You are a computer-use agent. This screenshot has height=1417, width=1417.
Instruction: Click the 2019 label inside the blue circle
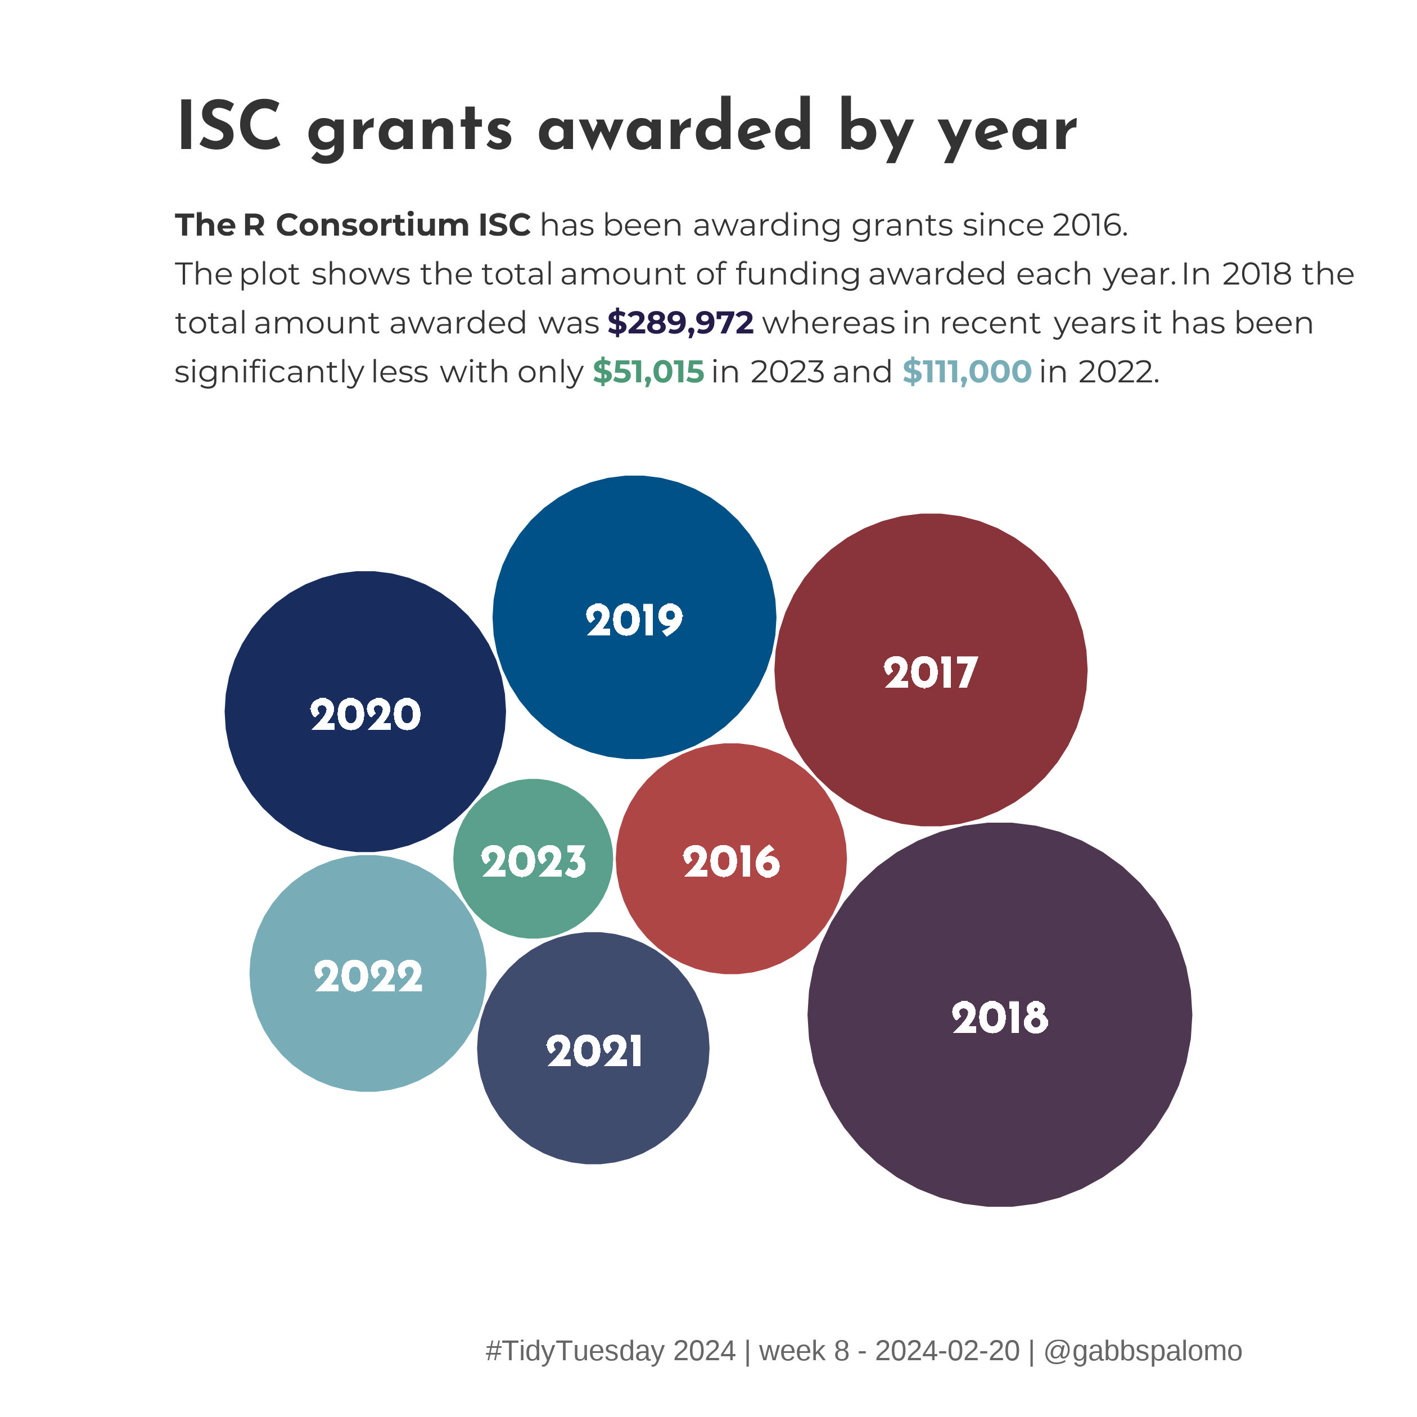(634, 620)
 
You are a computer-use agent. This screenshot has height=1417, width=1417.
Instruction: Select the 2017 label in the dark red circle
(930, 673)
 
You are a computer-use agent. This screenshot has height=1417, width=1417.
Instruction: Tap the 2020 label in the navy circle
(365, 715)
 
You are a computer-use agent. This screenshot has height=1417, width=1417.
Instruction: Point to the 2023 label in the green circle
(533, 862)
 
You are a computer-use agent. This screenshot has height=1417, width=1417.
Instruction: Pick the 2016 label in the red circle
(731, 862)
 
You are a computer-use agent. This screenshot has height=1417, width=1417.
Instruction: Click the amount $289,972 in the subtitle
(680, 323)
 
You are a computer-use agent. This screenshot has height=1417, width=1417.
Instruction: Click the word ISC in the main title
(229, 127)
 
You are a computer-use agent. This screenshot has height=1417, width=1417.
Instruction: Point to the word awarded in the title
(675, 127)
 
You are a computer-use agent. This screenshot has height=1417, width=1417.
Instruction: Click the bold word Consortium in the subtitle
(373, 225)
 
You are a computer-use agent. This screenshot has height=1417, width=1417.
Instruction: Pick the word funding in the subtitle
(797, 275)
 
